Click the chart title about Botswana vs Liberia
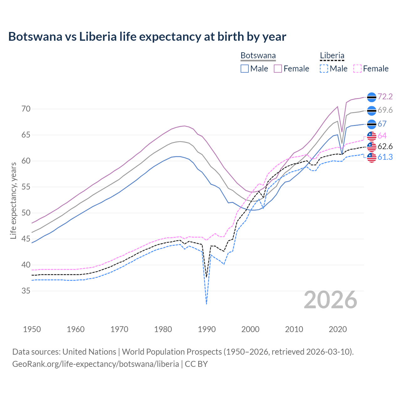click(147, 37)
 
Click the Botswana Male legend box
click(245, 69)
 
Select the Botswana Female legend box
click(278, 69)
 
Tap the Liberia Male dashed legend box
click(324, 69)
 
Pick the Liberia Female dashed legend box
click(357, 69)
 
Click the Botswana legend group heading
click(258, 56)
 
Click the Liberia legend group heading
click(332, 56)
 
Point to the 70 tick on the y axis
click(26, 109)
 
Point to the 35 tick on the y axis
click(26, 291)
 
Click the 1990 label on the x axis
click(207, 329)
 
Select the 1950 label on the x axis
click(32, 329)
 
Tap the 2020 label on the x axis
click(338, 329)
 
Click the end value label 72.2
click(385, 96)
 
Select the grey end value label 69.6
click(385, 110)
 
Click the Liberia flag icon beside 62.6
click(372, 146)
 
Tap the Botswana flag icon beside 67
click(372, 124)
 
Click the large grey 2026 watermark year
click(331, 300)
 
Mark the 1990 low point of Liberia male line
click(206, 304)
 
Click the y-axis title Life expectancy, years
click(13, 200)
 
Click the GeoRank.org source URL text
click(96, 364)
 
